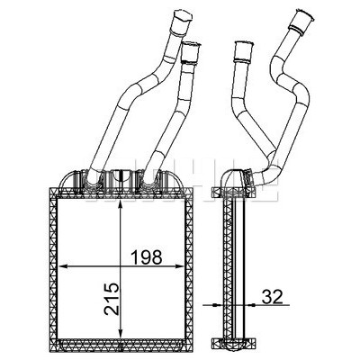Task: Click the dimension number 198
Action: point(147,257)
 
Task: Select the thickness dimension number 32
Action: point(273,297)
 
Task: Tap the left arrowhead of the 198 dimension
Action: point(61,265)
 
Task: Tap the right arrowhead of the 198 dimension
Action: point(179,265)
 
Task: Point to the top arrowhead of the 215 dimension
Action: point(120,205)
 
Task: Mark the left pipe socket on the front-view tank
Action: point(90,180)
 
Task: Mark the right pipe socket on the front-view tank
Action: point(149,180)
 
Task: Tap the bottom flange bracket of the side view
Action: point(233,343)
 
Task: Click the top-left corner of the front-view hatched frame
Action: point(49,188)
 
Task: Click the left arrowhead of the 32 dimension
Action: point(218,305)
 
